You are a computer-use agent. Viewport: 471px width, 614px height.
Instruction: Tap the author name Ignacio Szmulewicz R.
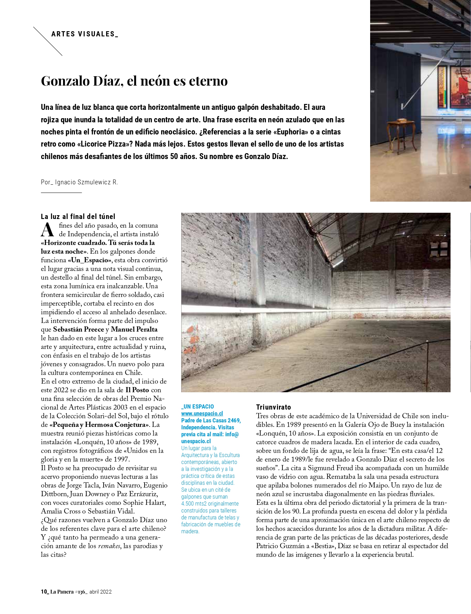click(x=86, y=182)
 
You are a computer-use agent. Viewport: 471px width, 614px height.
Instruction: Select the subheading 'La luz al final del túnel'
click(x=78, y=217)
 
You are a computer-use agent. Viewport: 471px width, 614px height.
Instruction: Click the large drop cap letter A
click(x=47, y=230)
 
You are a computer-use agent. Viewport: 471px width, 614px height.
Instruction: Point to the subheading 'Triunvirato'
click(x=273, y=407)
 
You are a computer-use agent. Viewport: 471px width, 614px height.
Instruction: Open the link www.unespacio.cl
click(x=202, y=413)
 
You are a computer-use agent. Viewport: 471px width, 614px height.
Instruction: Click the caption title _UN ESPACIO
click(x=198, y=406)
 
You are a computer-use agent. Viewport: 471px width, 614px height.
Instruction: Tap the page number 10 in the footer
click(x=44, y=592)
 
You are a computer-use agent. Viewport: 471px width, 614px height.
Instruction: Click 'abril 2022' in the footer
click(x=101, y=592)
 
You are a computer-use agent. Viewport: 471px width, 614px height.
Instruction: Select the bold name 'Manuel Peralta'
click(x=134, y=329)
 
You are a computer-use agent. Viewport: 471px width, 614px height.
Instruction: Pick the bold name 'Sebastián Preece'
click(x=78, y=329)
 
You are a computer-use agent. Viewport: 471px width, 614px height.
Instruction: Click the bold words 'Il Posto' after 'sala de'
click(x=137, y=390)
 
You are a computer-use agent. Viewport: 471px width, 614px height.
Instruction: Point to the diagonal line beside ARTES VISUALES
click(x=48, y=41)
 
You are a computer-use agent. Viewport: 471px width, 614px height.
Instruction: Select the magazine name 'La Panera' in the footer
click(x=62, y=592)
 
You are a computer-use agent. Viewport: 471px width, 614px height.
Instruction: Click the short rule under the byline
click(x=61, y=192)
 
